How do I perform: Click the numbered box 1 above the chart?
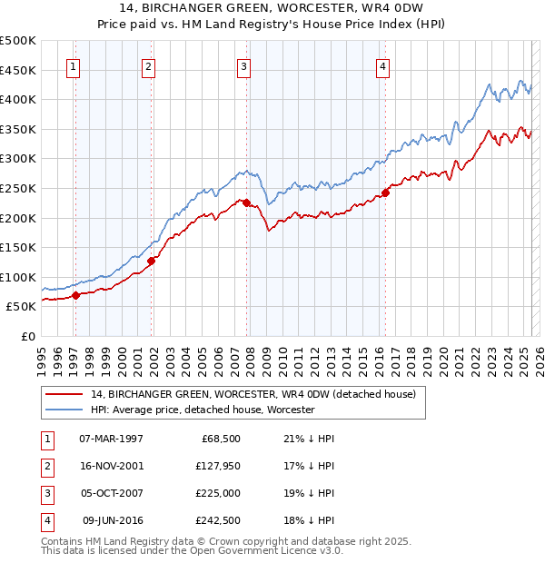(72, 65)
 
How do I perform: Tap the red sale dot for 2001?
(152, 261)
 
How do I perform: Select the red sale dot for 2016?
(385, 193)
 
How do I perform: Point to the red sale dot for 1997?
(76, 295)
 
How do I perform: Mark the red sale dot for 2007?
(246, 202)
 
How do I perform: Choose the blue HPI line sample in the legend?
(65, 410)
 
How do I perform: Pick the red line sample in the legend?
(65, 394)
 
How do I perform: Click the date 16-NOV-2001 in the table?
(111, 466)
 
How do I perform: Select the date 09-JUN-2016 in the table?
(113, 520)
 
